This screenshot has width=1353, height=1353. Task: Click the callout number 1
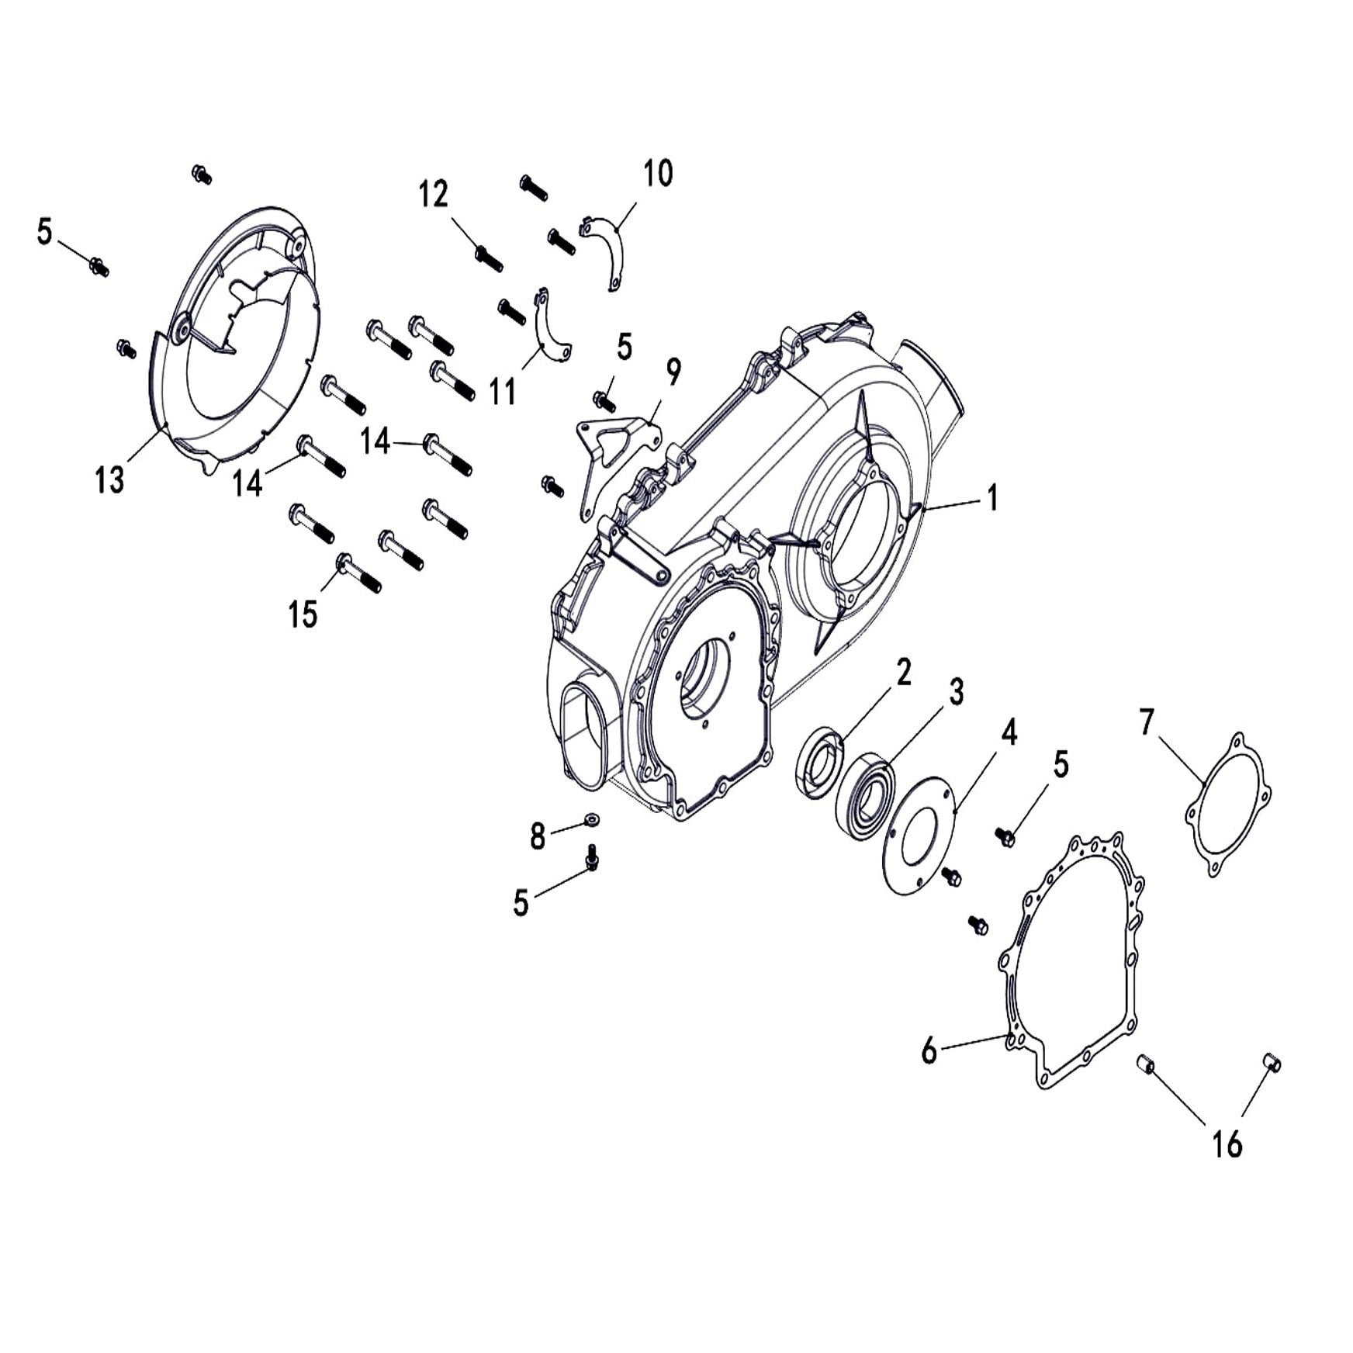pyautogui.click(x=991, y=499)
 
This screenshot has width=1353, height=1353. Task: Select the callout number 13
pyautogui.click(x=109, y=480)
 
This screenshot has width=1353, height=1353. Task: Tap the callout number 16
pyautogui.click(x=1227, y=1143)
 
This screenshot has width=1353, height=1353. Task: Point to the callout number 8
pyautogui.click(x=538, y=837)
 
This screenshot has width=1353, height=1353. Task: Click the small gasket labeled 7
pyautogui.click(x=1228, y=805)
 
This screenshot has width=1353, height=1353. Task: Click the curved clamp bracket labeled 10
pyautogui.click(x=611, y=252)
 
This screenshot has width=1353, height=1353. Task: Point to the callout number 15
pyautogui.click(x=303, y=614)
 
